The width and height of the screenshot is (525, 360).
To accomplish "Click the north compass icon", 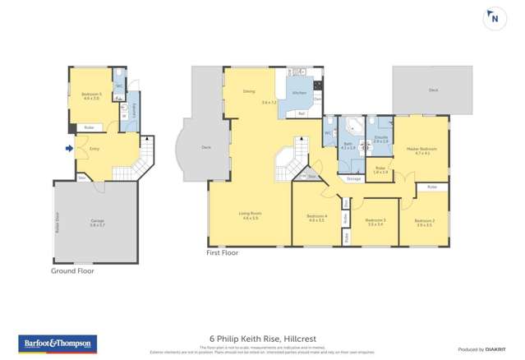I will point(495,18).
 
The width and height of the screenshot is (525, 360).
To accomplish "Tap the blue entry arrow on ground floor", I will point(68,149).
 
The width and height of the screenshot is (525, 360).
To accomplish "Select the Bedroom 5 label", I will point(91,95).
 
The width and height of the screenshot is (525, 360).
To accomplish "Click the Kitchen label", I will point(299,93).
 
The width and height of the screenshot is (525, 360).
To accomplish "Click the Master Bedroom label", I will point(421,150).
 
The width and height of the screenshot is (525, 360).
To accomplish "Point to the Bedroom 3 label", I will point(375,220).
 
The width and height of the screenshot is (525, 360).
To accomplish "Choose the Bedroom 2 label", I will point(424,220).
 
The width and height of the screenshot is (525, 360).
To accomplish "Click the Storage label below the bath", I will point(353,178).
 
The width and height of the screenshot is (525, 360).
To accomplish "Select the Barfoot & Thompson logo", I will point(58,344).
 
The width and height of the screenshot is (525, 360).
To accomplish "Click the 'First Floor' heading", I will point(223,253).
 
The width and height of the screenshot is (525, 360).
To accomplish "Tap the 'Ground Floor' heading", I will point(73,270).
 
